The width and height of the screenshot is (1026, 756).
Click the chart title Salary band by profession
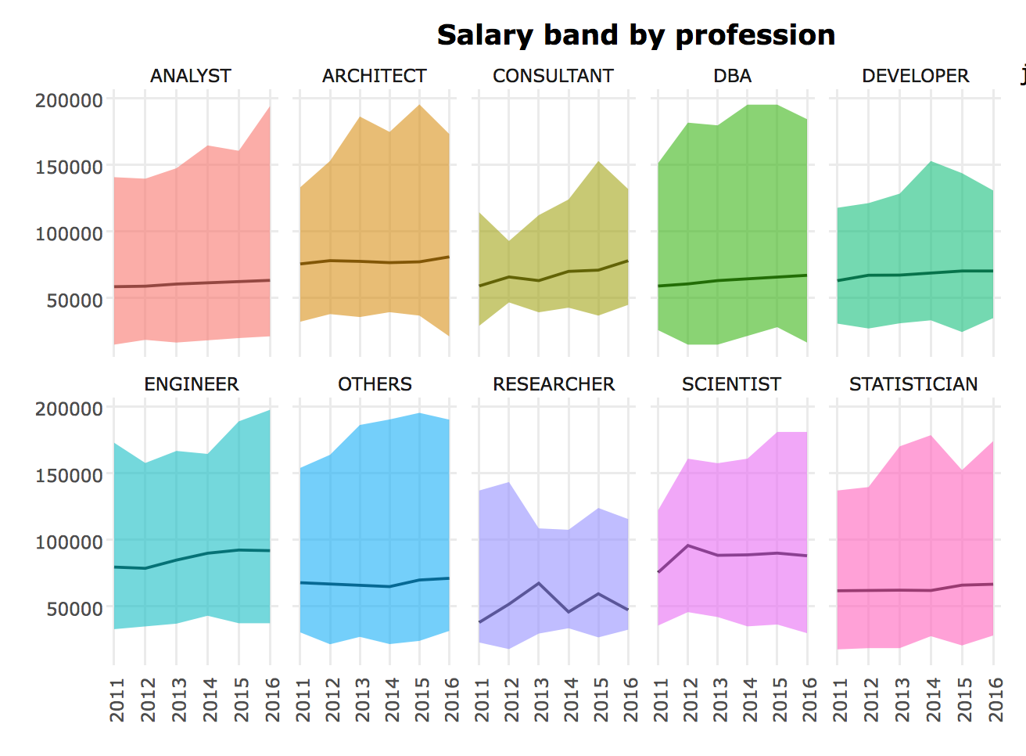[636, 35]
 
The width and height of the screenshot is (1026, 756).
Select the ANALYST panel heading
[191, 76]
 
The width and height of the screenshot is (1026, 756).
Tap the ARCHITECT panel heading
[375, 76]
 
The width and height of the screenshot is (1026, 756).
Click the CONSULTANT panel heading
[553, 76]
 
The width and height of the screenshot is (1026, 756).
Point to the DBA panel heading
[733, 76]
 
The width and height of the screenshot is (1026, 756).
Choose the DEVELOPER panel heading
[915, 76]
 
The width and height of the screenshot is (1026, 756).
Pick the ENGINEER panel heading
[192, 384]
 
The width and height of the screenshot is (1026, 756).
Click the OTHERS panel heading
[375, 384]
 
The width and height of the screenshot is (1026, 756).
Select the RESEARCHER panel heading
[554, 384]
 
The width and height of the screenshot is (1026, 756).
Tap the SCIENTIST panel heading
[731, 384]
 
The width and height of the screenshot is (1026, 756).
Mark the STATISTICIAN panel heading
[913, 384]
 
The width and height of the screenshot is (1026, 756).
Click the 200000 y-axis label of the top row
[70, 100]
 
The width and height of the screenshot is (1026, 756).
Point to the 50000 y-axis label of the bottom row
[75, 608]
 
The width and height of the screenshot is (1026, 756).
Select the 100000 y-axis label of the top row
[70, 233]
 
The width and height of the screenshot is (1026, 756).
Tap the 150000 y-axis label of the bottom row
[70, 475]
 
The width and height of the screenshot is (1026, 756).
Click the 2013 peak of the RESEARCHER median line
[538, 583]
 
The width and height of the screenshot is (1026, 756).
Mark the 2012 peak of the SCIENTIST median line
[687, 545]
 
